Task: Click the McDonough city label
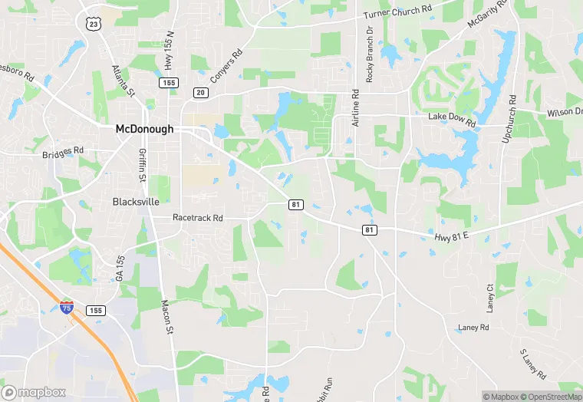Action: (x=144, y=129)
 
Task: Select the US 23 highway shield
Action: (x=94, y=24)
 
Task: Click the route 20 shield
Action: (x=201, y=93)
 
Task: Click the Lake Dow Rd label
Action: (x=452, y=121)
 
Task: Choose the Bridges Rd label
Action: (x=63, y=153)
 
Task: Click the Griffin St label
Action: (x=141, y=164)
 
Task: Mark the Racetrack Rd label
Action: (x=197, y=218)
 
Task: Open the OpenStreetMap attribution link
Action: (x=554, y=397)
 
